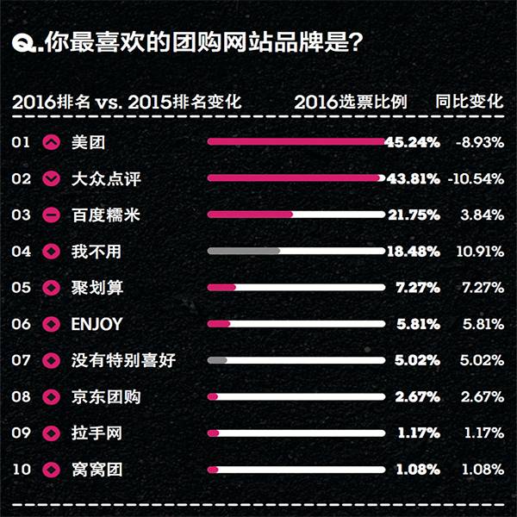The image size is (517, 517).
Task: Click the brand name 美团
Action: (x=89, y=142)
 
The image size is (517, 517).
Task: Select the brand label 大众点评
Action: (x=106, y=178)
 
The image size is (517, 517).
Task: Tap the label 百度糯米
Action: (x=106, y=215)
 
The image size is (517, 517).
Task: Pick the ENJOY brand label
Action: (x=97, y=324)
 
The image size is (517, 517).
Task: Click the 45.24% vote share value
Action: (x=413, y=142)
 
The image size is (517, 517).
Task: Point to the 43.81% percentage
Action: (x=413, y=178)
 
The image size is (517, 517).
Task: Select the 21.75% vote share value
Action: (x=413, y=215)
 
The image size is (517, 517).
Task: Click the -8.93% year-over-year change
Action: (x=478, y=142)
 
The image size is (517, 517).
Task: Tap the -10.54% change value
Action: (x=476, y=178)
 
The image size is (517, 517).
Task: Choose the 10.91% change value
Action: (x=478, y=251)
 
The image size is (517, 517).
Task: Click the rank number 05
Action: (x=22, y=288)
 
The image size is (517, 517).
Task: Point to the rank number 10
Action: (x=22, y=470)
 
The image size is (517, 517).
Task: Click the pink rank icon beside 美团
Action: (x=51, y=142)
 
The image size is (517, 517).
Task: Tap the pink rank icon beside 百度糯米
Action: (x=51, y=215)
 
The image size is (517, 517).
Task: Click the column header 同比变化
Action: (x=470, y=101)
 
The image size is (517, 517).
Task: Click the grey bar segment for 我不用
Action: (x=245, y=251)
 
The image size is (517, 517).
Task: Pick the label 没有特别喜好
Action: (x=123, y=360)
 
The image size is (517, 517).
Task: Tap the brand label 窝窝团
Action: (x=97, y=470)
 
